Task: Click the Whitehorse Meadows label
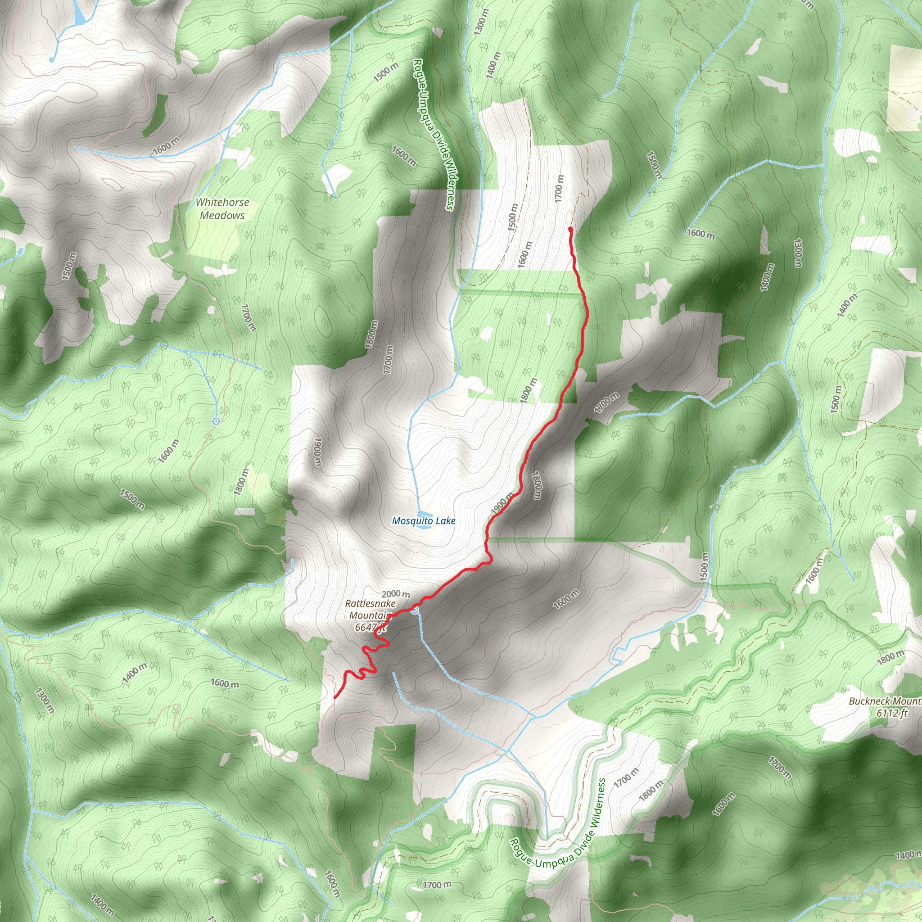[x=222, y=209]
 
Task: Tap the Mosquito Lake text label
[x=423, y=521]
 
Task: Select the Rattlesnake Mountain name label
[x=370, y=610]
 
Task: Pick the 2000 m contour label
[x=396, y=594]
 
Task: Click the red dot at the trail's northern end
[x=570, y=230]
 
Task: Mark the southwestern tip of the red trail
[x=335, y=698]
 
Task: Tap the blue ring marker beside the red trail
[x=415, y=610]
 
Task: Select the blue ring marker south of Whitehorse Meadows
[x=216, y=421]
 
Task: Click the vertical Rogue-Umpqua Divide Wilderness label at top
[x=434, y=135]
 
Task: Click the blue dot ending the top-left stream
[x=51, y=60]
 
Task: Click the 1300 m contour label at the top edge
[x=481, y=22]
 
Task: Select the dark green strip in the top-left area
[x=156, y=114]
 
